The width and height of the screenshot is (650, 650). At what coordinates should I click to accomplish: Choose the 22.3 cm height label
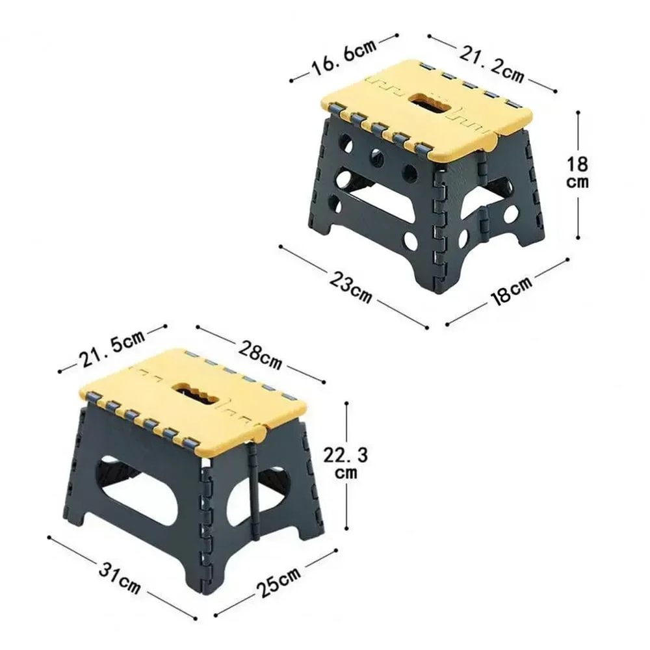(x=345, y=463)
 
